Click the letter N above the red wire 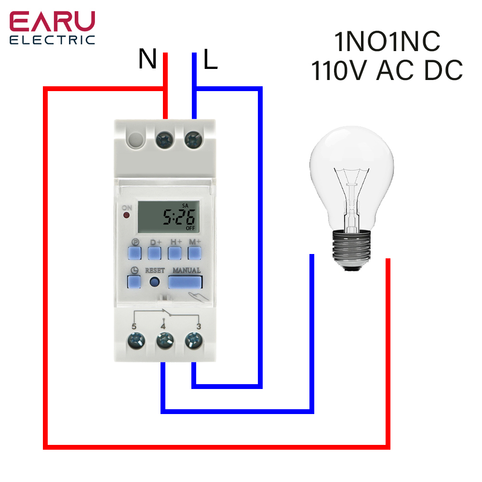[x=148, y=59]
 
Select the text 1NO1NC [x=387, y=42]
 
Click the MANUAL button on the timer [x=185, y=281]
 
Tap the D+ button [x=154, y=253]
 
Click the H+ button [x=174, y=253]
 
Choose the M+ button [x=194, y=253]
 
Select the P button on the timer [x=134, y=253]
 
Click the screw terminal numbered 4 [x=163, y=342]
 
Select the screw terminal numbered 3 [x=194, y=342]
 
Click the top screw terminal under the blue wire [x=194, y=140]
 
